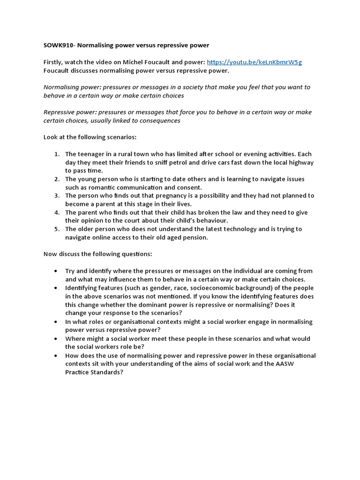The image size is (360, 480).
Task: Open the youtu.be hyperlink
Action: [254, 62]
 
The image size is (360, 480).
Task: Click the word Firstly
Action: [53, 62]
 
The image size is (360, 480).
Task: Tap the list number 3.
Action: [56, 196]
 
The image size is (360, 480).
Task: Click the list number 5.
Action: [56, 229]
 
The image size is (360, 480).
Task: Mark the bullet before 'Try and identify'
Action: [56, 271]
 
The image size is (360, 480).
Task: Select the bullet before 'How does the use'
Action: [56, 356]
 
